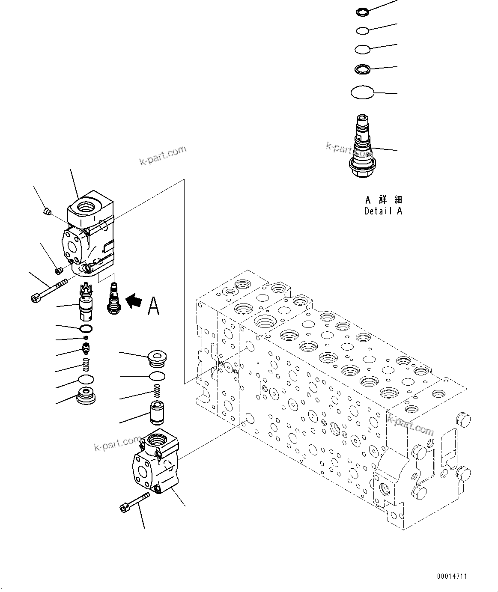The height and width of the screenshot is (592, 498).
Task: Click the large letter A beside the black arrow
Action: coord(153,305)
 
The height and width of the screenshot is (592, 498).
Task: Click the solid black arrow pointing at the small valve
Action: coord(134,301)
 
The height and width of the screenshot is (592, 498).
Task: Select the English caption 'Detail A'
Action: coord(383,211)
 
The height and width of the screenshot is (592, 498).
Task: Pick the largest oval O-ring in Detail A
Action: coord(362,92)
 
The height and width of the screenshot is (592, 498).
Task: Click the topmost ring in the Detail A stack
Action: coord(362,12)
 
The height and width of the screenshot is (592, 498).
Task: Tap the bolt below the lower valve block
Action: coord(134,501)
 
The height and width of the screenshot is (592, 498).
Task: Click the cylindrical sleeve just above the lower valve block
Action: coord(156,413)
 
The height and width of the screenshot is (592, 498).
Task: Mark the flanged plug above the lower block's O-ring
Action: coord(157,359)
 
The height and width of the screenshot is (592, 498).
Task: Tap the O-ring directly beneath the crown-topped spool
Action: coord(86,329)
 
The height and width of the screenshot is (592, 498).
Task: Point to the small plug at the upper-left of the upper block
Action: coord(48,211)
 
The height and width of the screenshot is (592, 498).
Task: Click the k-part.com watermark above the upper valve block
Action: coord(163,155)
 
